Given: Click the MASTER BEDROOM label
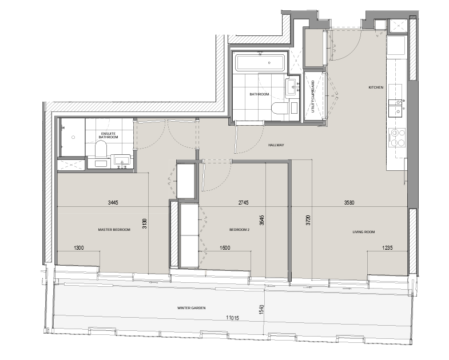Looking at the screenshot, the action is [114, 230].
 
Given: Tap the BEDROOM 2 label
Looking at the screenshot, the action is [240, 230].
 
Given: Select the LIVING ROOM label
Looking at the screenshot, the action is [364, 232].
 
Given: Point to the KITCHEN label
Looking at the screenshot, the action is [376, 87].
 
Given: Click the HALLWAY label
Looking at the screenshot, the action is [276, 145].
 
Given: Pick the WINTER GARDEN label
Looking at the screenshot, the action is [191, 308].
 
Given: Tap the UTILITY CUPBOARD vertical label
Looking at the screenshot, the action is [313, 96].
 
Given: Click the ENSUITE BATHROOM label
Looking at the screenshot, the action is [108, 135].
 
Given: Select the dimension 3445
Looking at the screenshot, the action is [113, 203].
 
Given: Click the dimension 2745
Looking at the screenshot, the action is [244, 203].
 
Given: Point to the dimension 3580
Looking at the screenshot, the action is [349, 203].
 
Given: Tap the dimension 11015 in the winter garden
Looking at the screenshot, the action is [232, 318].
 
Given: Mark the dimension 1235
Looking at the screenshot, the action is [387, 248].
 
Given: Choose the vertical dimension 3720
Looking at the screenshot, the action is [308, 220].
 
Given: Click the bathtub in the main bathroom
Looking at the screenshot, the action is [260, 63].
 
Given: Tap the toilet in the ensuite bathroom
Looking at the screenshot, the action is [101, 150].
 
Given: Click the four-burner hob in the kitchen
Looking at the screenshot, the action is [398, 137].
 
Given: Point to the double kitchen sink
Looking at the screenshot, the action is [397, 108].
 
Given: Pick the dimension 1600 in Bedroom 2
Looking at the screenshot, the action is [225, 248].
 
